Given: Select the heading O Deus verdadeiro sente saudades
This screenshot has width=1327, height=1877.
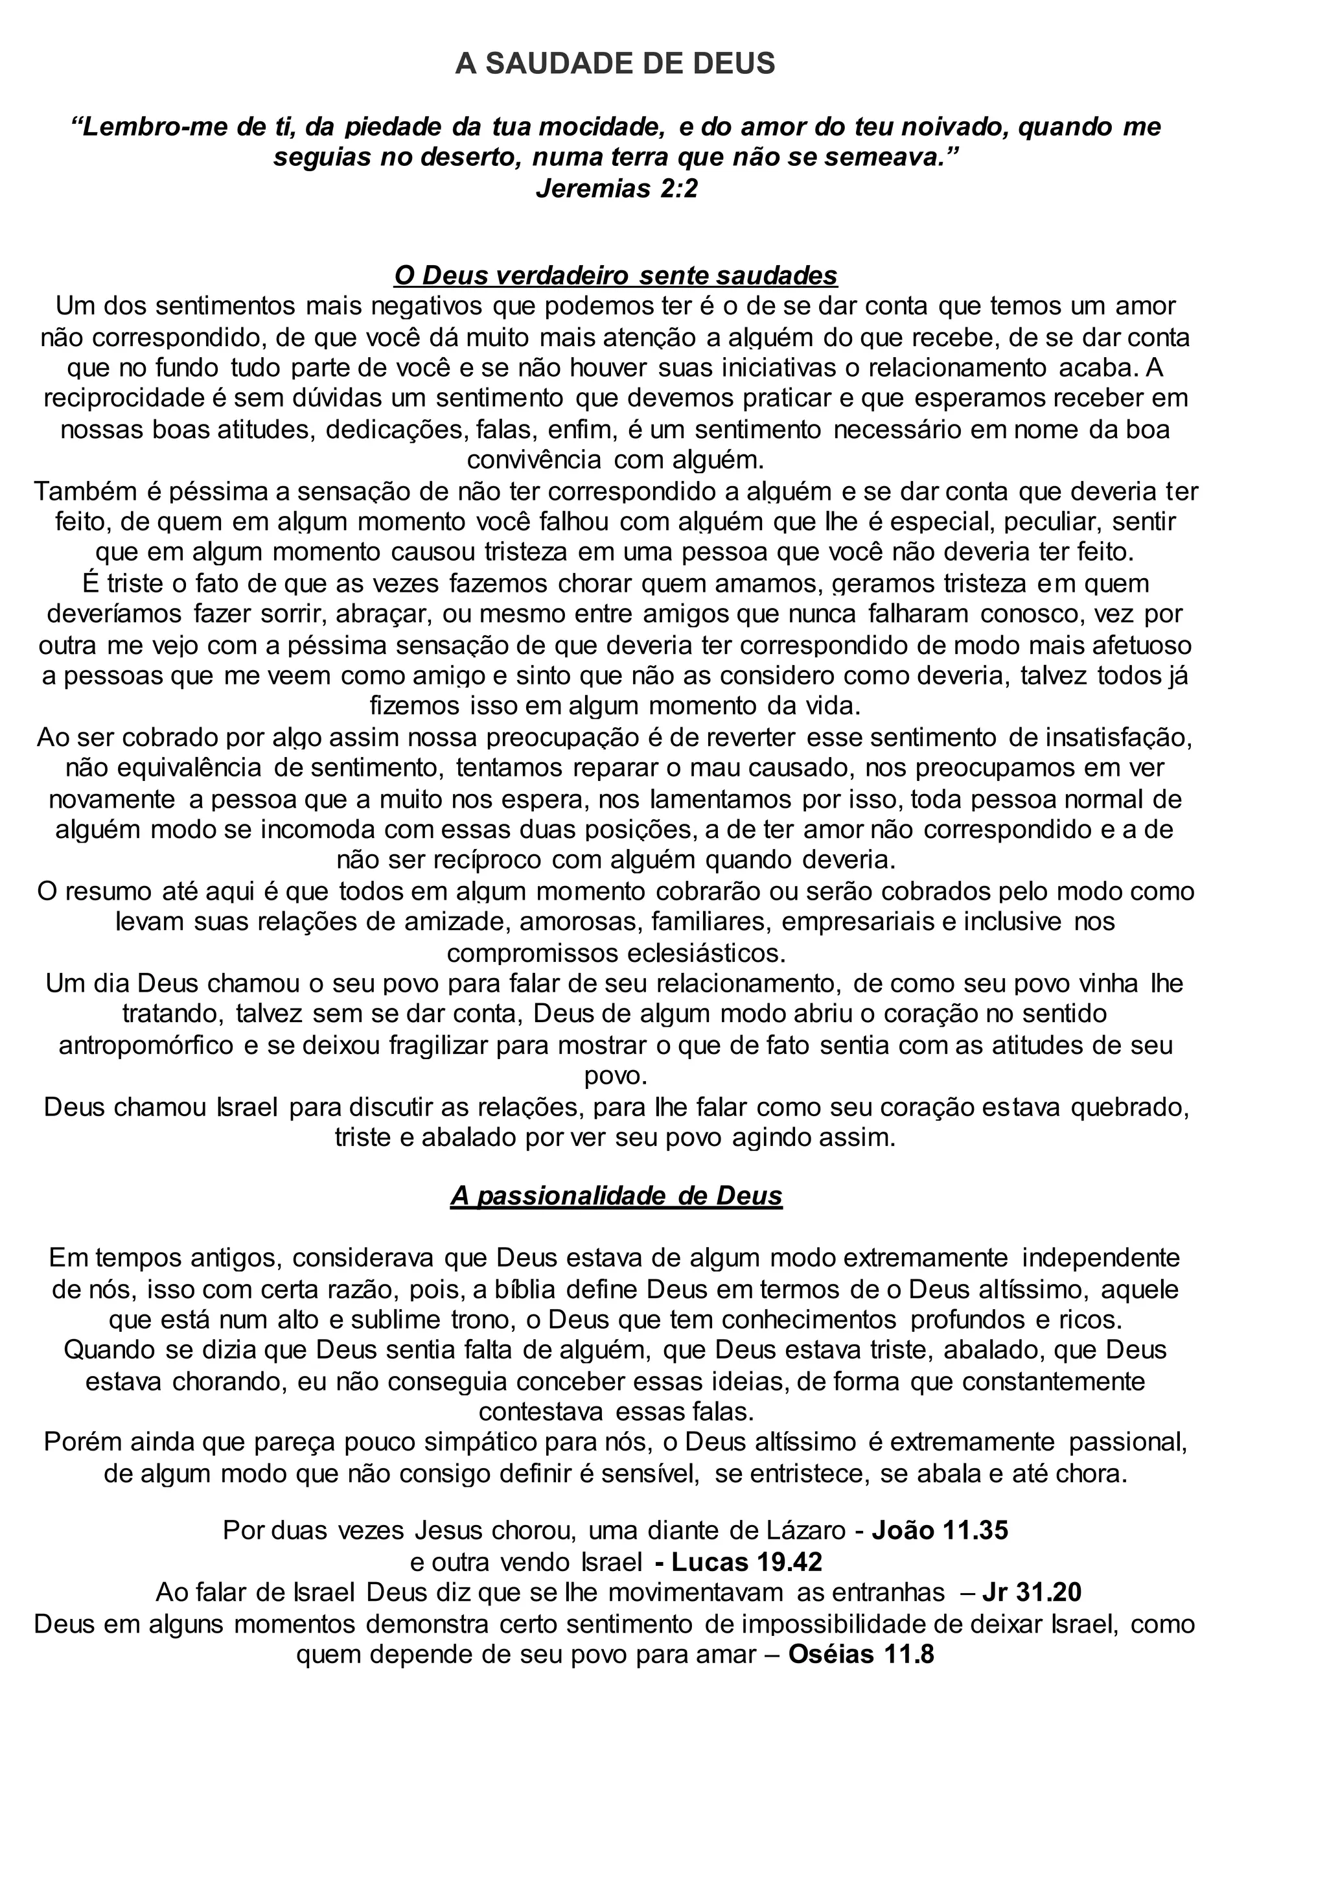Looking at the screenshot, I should point(616,275).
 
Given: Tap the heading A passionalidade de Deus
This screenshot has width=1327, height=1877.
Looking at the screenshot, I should point(616,1195).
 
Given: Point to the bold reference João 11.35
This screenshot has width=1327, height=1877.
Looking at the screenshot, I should point(940,1530).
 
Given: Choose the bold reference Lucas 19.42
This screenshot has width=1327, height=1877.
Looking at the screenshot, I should point(745,1561).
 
